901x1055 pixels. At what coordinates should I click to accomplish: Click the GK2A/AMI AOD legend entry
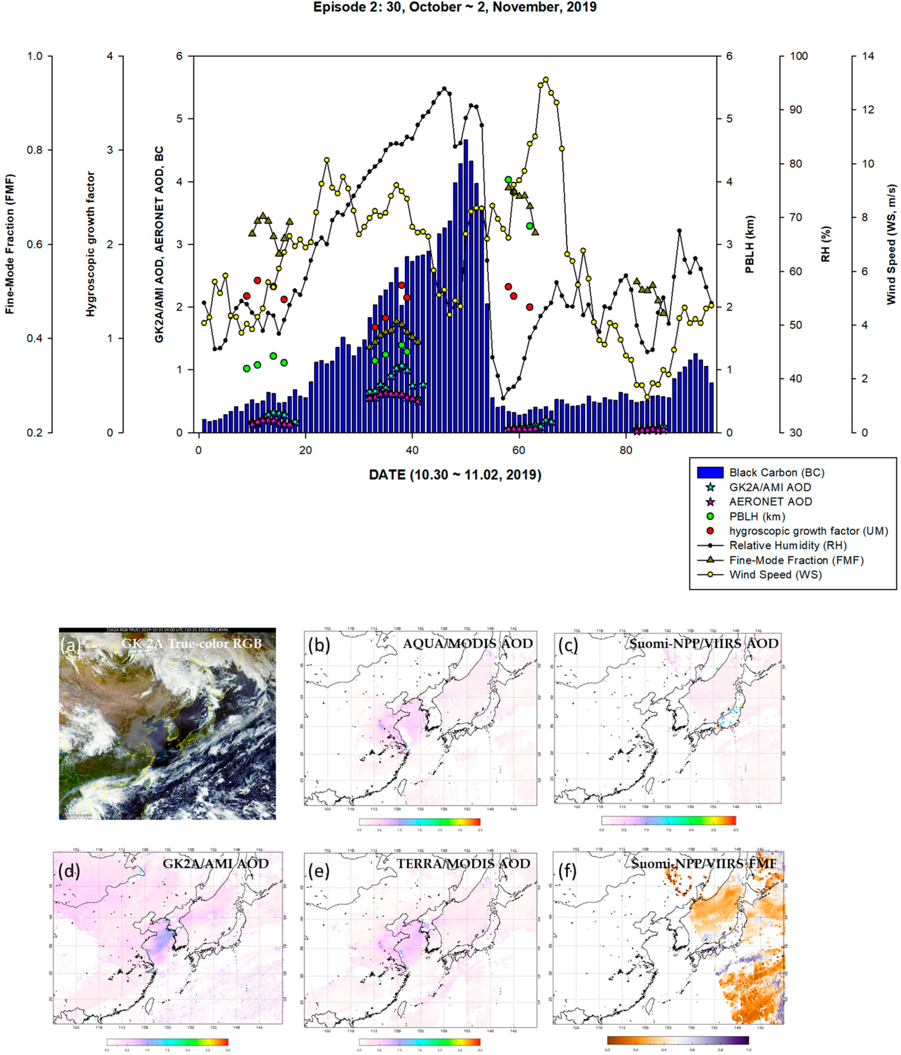[x=770, y=487]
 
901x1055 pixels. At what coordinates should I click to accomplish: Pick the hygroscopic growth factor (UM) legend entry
[x=808, y=531]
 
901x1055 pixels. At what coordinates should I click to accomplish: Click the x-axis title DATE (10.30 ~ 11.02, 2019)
[x=455, y=475]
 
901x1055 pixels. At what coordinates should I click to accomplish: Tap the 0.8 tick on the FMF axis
[x=35, y=150]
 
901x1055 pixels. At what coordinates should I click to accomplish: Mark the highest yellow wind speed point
[x=546, y=79]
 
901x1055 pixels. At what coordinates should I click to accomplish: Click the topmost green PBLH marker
[x=508, y=180]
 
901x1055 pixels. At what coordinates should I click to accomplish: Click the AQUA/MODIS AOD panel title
[x=467, y=644]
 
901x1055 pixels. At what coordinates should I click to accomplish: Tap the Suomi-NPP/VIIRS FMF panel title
[x=704, y=864]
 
